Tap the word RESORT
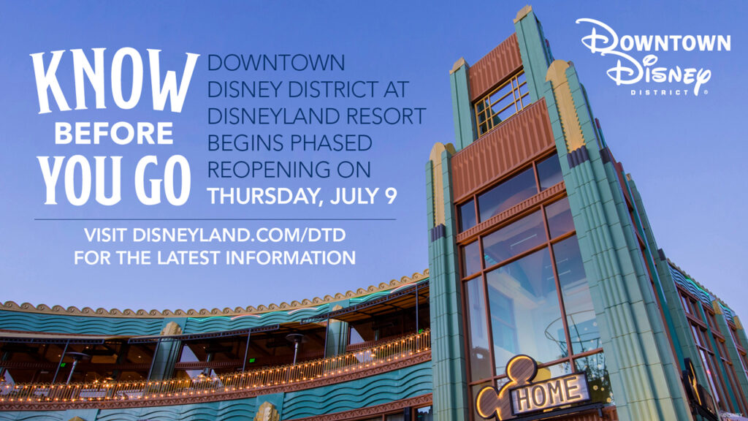388,115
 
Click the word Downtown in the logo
654,42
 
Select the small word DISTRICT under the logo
660,93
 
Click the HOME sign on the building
549,393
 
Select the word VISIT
106,236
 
